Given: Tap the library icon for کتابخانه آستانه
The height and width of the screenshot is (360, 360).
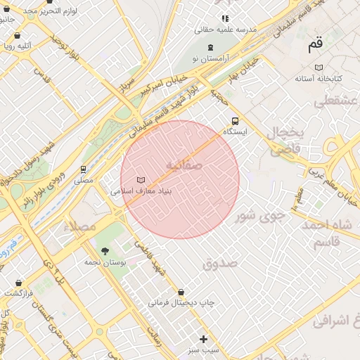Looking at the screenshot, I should tap(319, 67).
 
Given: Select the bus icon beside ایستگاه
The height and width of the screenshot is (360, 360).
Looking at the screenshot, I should tap(235, 120).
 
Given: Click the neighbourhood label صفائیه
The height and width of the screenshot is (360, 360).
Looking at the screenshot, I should tap(184, 165).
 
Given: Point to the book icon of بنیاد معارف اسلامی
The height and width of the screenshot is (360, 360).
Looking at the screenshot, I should tap(141, 180).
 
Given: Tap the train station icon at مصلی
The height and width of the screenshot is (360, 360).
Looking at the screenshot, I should tap(84, 169).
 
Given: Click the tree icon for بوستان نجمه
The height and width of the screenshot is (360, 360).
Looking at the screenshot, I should tap(105, 251).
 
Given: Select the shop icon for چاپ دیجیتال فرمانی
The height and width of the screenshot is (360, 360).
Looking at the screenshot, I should tap(181, 292).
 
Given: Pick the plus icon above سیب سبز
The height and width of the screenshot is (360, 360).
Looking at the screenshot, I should tap(204, 339).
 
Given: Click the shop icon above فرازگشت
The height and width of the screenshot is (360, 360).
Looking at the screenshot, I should tap(17, 283).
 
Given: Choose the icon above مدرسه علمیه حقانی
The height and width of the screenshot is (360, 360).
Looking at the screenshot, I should tap(225, 18).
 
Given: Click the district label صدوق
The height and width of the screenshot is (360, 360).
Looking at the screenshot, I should tap(220, 264).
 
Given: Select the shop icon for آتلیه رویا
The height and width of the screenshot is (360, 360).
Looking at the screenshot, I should tap(17, 35).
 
